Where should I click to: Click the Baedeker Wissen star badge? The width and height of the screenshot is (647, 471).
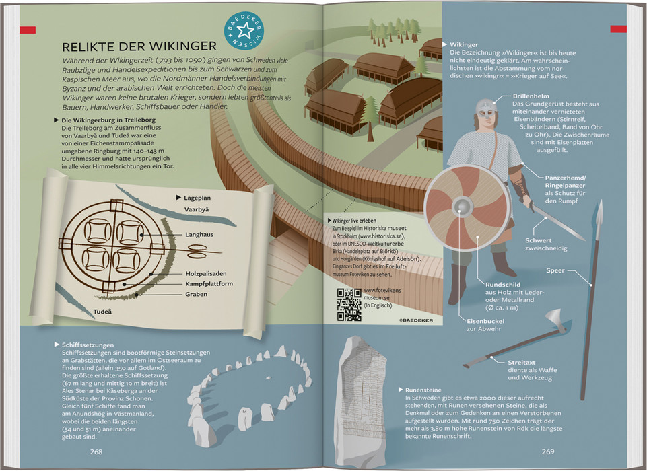coord(244,31)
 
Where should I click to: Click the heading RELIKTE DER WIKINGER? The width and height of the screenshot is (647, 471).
coord(139,46)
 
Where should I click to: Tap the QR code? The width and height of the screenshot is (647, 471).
coord(349,304)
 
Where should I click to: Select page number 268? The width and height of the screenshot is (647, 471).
coord(96,451)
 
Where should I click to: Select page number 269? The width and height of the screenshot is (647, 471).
coord(548,451)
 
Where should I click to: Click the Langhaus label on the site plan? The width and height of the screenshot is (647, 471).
coord(199,235)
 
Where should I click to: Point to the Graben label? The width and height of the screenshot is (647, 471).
coord(196,294)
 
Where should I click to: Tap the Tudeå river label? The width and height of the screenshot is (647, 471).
coord(102,312)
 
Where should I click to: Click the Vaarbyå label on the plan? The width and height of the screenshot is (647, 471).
coord(197,209)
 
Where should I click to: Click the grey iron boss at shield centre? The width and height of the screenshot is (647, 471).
coord(463,207)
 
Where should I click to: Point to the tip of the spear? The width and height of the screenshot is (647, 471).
coord(600,201)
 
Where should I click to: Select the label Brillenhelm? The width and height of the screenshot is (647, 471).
coord(531,96)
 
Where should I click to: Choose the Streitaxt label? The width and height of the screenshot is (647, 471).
coord(522,363)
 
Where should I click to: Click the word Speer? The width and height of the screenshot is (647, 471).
coord(555,270)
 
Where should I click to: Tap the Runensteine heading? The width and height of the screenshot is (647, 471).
coord(423,390)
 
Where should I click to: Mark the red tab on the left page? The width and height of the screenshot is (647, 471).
coord(28,30)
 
